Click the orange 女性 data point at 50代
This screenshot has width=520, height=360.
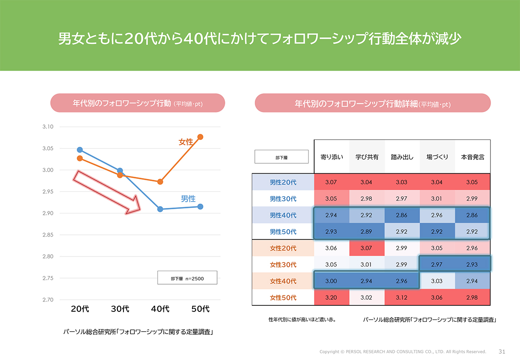point(200,137)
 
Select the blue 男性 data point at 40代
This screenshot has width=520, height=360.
point(160,209)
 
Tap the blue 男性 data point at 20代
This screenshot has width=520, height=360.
point(80,150)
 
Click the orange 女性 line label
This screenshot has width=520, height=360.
point(186,142)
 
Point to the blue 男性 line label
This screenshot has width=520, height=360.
point(188,199)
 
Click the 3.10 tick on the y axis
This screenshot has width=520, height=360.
point(48,127)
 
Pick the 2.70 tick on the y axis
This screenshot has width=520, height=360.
point(48,300)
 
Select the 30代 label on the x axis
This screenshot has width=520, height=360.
point(120,309)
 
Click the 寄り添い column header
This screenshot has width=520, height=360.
point(331,157)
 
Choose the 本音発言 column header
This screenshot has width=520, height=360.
point(472,157)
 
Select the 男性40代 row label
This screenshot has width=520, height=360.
point(283,215)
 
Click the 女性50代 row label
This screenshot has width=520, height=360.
point(283,298)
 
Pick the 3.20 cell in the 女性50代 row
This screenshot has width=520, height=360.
point(331,298)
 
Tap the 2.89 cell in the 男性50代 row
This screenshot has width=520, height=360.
point(367,232)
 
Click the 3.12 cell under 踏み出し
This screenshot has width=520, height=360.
point(402,298)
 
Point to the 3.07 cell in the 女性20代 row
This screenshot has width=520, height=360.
point(367,248)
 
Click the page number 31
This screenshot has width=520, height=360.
point(502,351)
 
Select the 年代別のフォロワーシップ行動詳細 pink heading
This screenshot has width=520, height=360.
point(373,104)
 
